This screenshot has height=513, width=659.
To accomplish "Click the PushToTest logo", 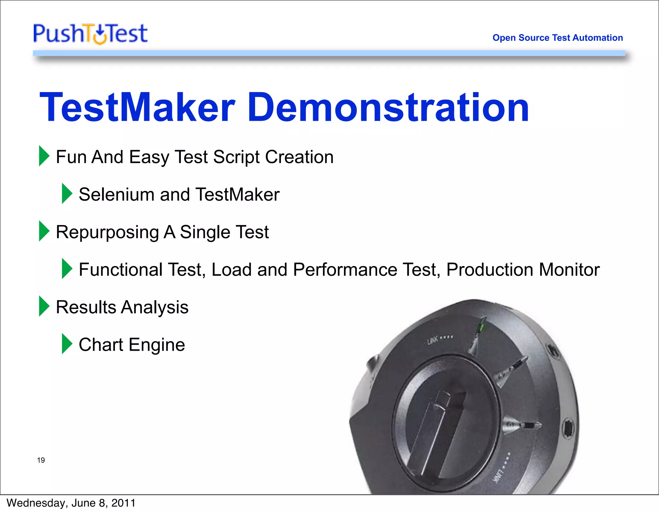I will [x=90, y=33].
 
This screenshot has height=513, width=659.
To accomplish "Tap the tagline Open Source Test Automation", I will [x=557, y=38].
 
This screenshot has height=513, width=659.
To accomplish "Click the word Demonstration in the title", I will [x=388, y=107].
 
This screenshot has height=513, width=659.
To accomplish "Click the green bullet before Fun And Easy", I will [x=44, y=156].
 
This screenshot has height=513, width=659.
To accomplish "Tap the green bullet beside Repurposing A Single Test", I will [x=44, y=231].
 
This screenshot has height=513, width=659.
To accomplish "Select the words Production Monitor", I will [x=523, y=270].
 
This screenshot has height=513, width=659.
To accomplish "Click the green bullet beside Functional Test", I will [x=67, y=269].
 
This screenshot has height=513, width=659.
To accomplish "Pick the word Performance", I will [x=345, y=270].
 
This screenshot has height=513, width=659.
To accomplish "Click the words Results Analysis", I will [x=122, y=307].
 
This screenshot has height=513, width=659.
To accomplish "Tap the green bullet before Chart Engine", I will [x=67, y=344].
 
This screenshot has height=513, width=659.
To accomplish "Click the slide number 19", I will [x=41, y=460].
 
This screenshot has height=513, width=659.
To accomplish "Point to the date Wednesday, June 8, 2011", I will [x=71, y=503].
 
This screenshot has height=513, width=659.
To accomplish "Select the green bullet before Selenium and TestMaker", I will [x=67, y=194].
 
